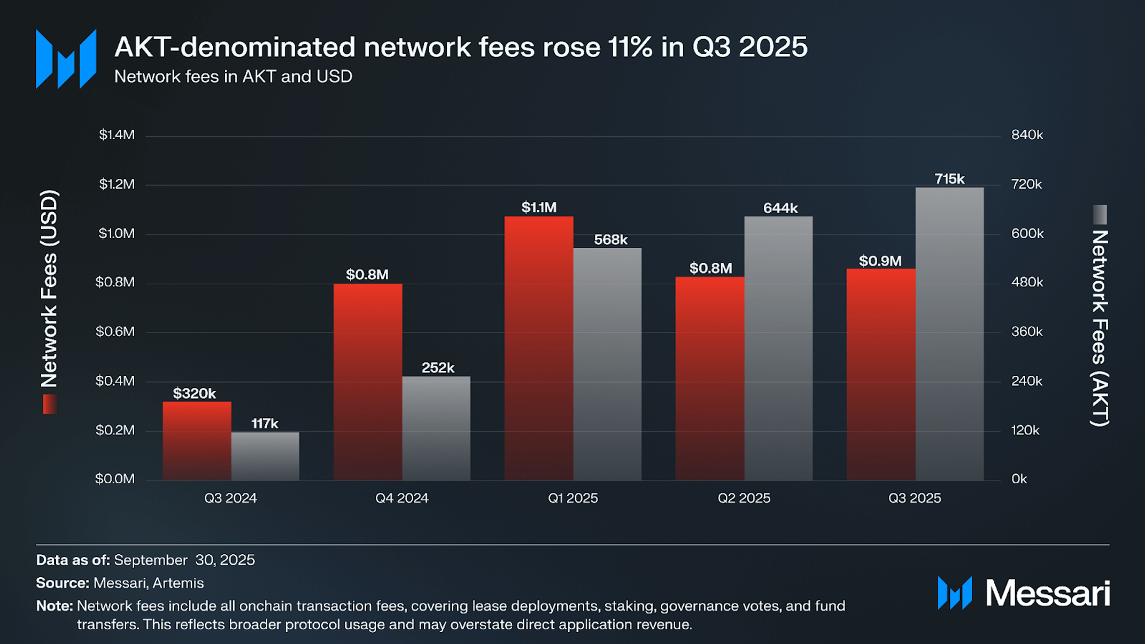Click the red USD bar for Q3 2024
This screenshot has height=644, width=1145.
pyautogui.click(x=197, y=441)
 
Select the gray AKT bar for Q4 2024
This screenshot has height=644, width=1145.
pyautogui.click(x=436, y=428)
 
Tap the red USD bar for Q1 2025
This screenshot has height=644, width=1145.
pyautogui.click(x=539, y=348)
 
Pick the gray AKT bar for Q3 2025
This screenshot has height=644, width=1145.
pyautogui.click(x=949, y=333)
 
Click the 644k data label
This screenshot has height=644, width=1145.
pyautogui.click(x=780, y=208)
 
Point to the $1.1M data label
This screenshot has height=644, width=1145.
pyautogui.click(x=539, y=207)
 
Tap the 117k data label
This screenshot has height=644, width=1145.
pyautogui.click(x=265, y=424)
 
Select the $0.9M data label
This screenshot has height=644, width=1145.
pyautogui.click(x=880, y=261)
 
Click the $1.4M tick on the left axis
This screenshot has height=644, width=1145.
pyautogui.click(x=117, y=135)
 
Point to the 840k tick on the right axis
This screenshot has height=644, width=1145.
pyautogui.click(x=1027, y=135)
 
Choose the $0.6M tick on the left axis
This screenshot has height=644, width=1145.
pyautogui.click(x=115, y=331)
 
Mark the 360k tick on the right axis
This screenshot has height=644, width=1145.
pyautogui.click(x=1027, y=331)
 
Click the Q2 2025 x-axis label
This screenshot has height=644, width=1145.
pyautogui.click(x=744, y=498)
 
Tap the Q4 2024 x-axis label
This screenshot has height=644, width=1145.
pyautogui.click(x=401, y=498)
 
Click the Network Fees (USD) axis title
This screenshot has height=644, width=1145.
pyautogui.click(x=49, y=289)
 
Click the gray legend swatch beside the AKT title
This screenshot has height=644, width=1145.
pyautogui.click(x=1100, y=214)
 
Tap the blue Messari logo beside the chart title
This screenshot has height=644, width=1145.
pyautogui.click(x=66, y=59)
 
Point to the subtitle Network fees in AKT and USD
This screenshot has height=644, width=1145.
pyautogui.click(x=233, y=76)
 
